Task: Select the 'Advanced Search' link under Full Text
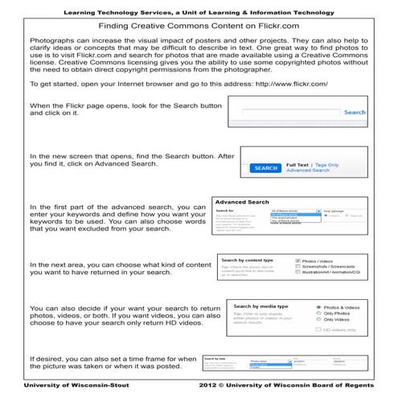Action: [x=308, y=170]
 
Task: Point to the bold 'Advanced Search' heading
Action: [x=242, y=203]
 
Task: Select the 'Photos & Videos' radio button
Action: [x=319, y=307]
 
